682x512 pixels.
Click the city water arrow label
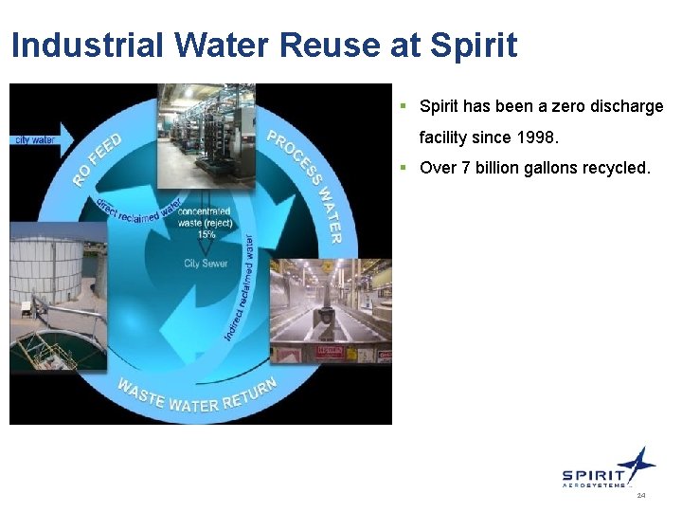[x=34, y=140]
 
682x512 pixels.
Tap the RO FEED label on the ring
[x=98, y=159]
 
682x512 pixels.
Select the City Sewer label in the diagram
[x=206, y=263]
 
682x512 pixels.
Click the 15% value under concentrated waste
[x=206, y=234]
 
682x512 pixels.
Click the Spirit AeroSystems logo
[x=607, y=469]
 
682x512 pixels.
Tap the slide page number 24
[x=641, y=496]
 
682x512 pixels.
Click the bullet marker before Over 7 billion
[x=403, y=169]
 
